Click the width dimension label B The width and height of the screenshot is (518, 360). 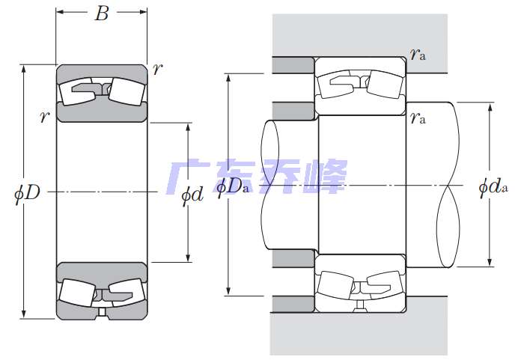(x=102, y=14)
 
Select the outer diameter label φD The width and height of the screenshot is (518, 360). (x=27, y=193)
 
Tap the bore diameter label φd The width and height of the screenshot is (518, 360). (x=192, y=195)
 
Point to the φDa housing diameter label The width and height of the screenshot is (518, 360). (x=232, y=187)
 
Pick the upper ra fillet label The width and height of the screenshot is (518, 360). (x=418, y=54)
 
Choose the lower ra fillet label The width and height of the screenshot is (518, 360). (x=418, y=118)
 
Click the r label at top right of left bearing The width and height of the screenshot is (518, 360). (x=158, y=69)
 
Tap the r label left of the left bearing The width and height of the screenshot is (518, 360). (x=44, y=117)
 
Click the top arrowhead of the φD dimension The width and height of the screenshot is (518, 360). (x=23, y=68)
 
